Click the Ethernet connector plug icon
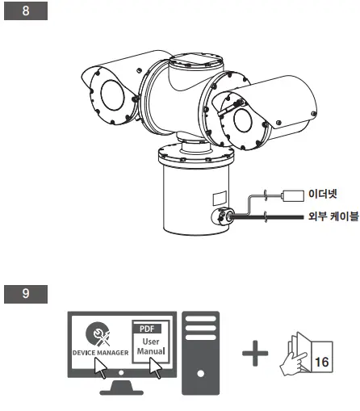click(291, 195)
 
